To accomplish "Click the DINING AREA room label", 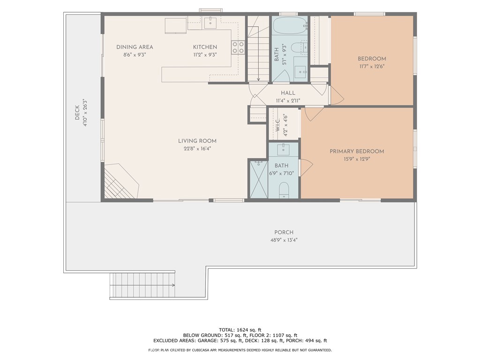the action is [x=135, y=47].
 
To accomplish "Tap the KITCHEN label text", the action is [x=205, y=47].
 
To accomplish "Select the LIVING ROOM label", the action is [x=197, y=141].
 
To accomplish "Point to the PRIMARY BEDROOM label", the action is [x=357, y=151].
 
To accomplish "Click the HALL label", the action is [x=288, y=93].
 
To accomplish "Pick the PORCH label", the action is [x=284, y=232].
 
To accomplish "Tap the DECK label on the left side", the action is [x=77, y=112].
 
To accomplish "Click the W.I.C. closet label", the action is [x=277, y=125].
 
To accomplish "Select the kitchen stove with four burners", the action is [x=238, y=47].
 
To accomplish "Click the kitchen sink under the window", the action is [x=210, y=22].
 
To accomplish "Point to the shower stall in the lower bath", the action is [x=259, y=180].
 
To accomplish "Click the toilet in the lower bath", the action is [x=284, y=190].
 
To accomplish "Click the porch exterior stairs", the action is [x=142, y=285].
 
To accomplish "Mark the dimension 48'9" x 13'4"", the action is [x=284, y=240].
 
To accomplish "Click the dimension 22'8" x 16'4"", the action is [x=197, y=149].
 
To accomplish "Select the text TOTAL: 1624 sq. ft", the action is [x=240, y=330].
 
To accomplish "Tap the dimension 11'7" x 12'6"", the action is [x=372, y=67].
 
